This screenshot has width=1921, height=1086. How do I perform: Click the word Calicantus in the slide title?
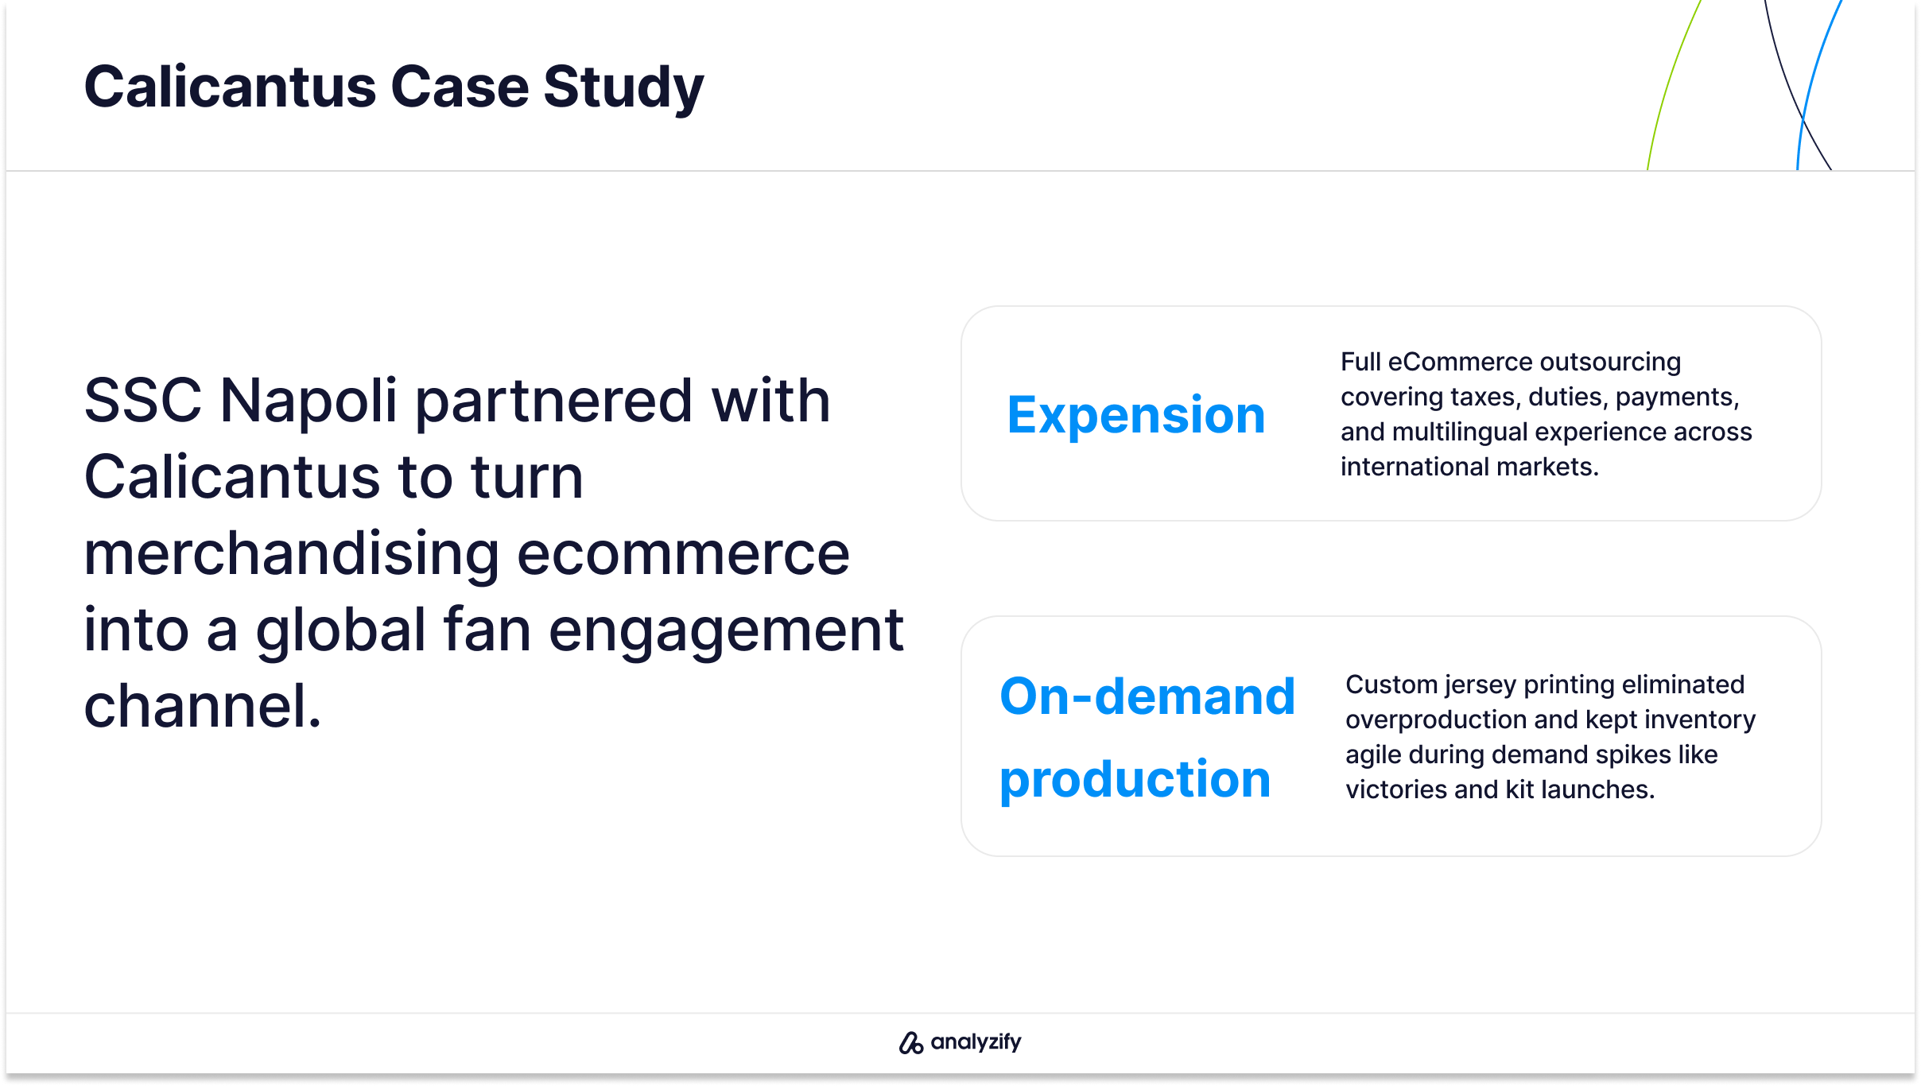(230, 87)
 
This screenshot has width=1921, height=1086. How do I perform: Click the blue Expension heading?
(1136, 417)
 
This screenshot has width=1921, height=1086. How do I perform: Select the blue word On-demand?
(1147, 696)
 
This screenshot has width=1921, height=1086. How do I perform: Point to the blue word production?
(1135, 780)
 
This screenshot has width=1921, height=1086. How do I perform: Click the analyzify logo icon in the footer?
(910, 1042)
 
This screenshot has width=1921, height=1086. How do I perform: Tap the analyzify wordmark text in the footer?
(976, 1042)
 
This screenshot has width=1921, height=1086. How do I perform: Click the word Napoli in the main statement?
(309, 401)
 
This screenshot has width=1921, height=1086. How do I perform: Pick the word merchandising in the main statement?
(292, 554)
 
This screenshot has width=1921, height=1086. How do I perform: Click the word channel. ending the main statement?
(203, 706)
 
